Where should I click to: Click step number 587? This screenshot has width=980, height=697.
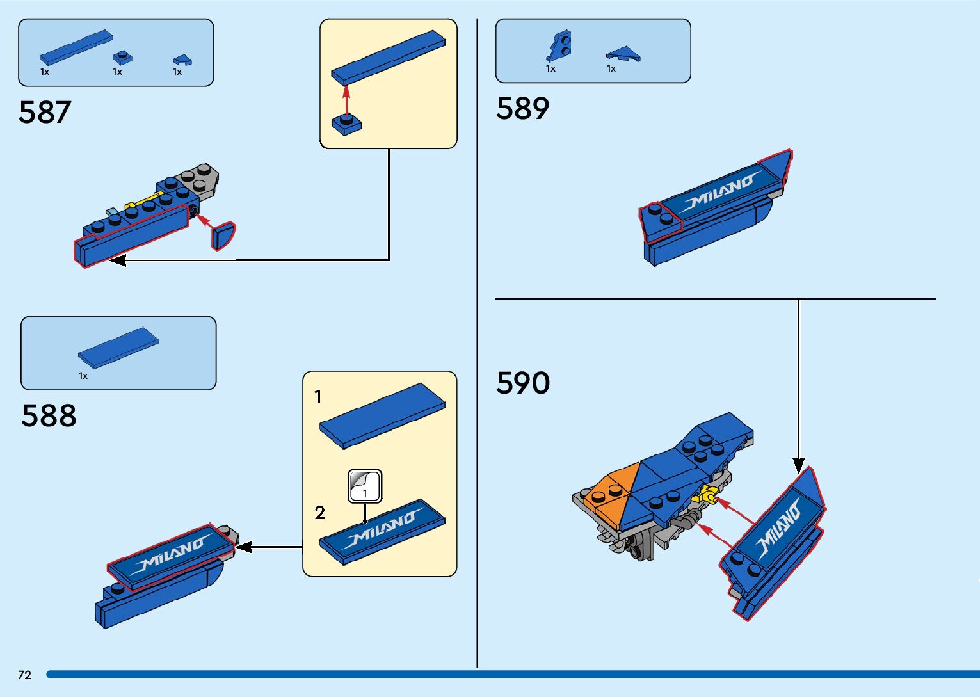44,113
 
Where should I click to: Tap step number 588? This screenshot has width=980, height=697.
49,416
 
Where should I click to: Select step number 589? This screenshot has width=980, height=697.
522,109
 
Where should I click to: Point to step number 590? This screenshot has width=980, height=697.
522,384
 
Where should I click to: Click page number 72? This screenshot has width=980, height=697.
24,675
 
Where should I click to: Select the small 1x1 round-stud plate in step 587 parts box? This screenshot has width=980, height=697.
122,58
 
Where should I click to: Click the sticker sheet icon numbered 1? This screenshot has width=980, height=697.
365,486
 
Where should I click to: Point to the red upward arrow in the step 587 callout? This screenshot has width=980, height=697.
346,101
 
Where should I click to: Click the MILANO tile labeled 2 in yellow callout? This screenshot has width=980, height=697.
382,531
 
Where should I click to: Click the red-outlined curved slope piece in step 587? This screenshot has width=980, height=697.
222,236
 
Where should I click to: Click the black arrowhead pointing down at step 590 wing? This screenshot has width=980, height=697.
798,465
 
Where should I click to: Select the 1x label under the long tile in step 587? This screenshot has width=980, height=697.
45,72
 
